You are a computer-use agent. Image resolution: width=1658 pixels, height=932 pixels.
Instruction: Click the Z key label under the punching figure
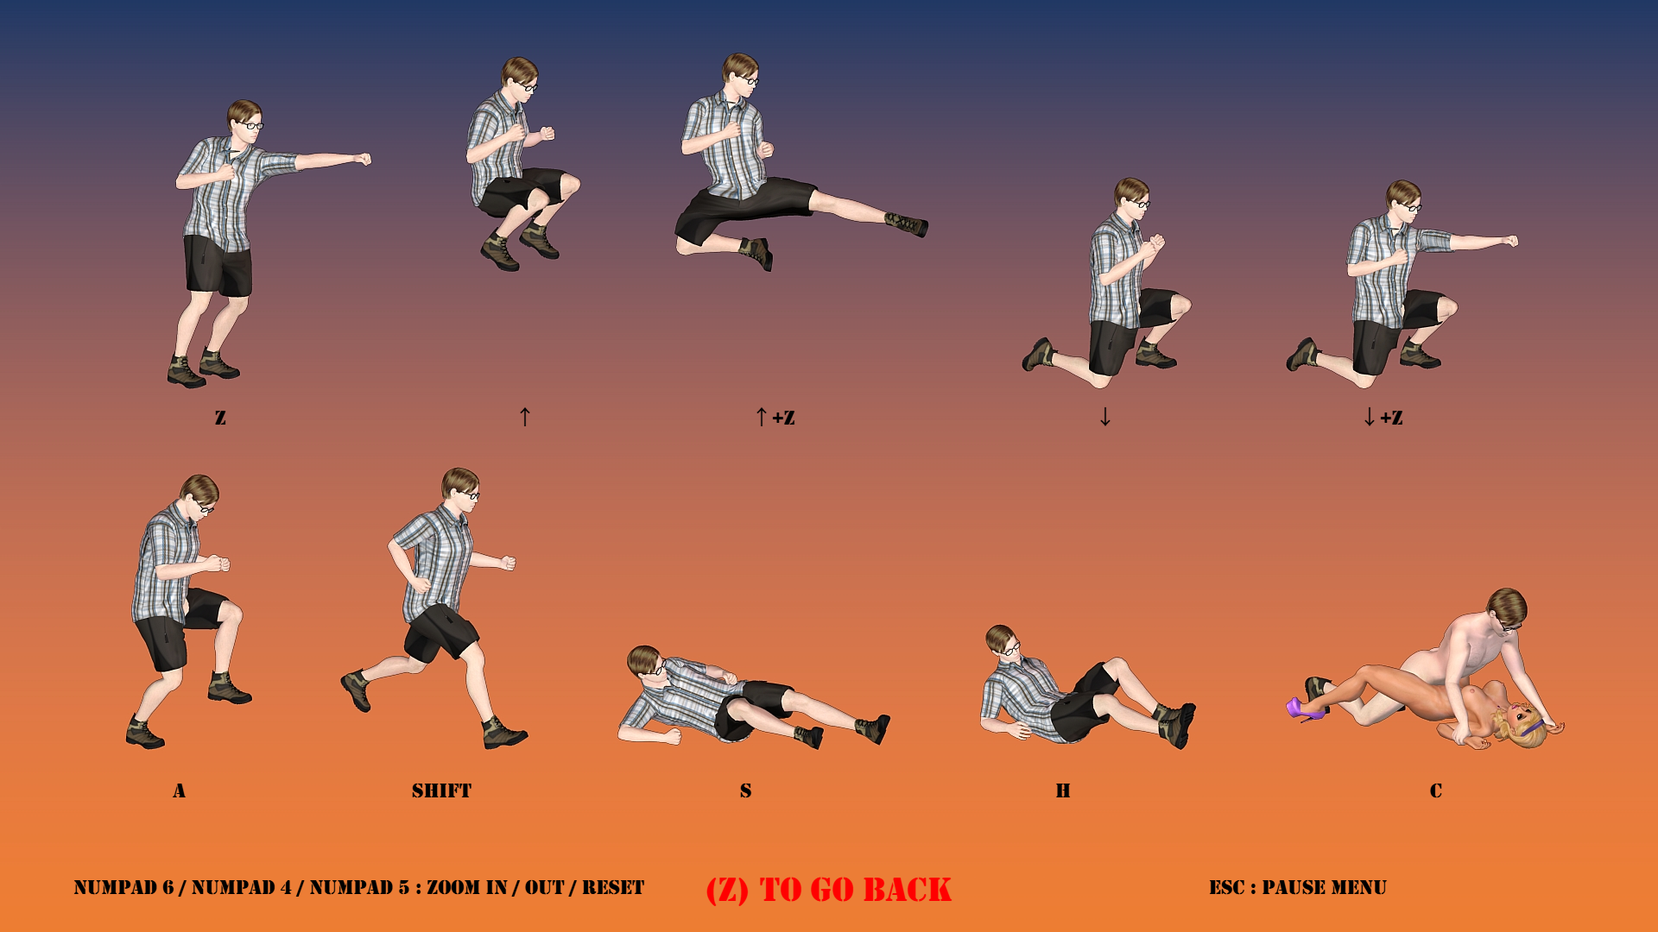[220, 418]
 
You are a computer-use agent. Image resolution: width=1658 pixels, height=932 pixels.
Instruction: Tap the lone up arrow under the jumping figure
[525, 417]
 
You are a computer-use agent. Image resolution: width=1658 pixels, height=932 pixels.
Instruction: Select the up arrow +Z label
[775, 418]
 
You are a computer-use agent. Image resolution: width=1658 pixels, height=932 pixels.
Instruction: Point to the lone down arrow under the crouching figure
[1105, 417]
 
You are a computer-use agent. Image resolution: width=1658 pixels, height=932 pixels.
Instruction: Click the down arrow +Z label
[1383, 418]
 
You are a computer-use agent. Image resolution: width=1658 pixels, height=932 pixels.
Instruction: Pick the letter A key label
[180, 790]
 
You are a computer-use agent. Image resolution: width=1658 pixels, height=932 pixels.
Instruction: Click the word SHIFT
[441, 790]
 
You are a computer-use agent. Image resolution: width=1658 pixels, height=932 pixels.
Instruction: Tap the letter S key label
[746, 790]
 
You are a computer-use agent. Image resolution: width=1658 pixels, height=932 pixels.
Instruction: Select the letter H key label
[1063, 790]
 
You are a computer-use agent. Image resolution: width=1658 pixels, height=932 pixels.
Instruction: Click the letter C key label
[1436, 790]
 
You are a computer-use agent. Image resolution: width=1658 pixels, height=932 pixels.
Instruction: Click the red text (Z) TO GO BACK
[829, 890]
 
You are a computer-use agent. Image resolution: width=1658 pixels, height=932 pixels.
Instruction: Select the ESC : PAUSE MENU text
[1298, 887]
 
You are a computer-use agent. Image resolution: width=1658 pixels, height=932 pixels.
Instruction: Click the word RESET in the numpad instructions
[613, 887]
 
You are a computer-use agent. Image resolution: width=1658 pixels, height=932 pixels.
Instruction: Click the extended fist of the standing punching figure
[364, 159]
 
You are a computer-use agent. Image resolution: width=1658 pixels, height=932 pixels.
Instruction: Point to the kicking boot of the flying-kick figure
[907, 224]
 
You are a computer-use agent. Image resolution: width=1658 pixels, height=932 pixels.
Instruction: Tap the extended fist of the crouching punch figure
[1510, 241]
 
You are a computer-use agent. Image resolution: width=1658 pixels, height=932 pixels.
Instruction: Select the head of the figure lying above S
[646, 663]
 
